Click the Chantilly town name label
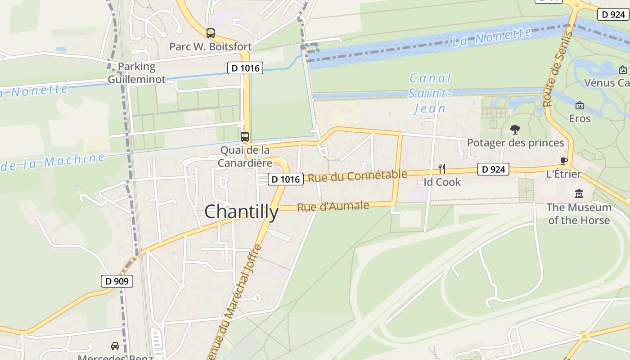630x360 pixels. point(242,211)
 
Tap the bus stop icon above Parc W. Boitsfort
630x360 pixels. point(211,33)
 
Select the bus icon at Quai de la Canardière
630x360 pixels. point(245,137)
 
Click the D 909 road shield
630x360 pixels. point(117,281)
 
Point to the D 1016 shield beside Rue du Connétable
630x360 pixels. point(286,179)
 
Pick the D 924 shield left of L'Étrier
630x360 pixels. point(493,169)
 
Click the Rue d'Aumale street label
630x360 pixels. point(333,206)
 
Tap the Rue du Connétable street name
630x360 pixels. point(357,176)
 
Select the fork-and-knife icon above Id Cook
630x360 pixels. point(442,169)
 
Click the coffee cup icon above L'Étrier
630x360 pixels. point(563,161)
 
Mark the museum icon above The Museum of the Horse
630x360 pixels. point(579,194)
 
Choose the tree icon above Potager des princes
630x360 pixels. point(515,130)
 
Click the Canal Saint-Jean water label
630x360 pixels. point(430,93)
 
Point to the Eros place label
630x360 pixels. point(580,118)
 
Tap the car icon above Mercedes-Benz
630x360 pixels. point(115,346)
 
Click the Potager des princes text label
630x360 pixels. point(515,143)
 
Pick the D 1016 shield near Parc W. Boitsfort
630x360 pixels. point(245,68)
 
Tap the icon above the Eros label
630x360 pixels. point(580,105)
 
